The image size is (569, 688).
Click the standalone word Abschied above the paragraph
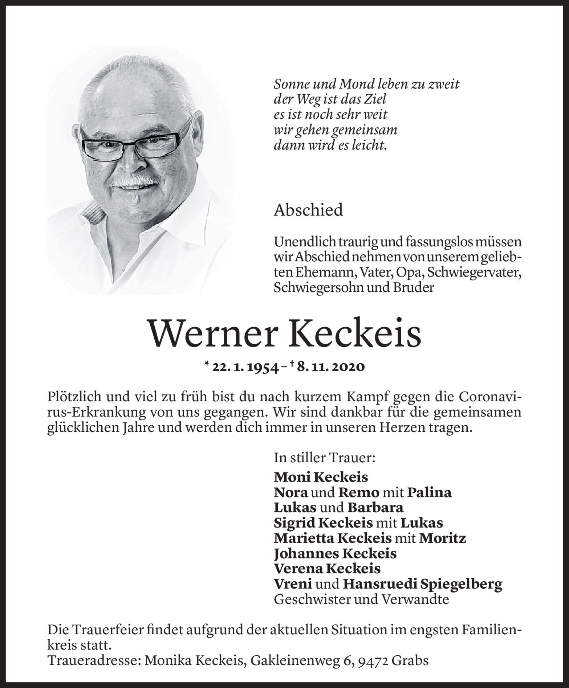coord(308,210)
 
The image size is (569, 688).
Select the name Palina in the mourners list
coord(430,492)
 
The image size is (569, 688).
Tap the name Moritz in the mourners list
coord(443,538)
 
